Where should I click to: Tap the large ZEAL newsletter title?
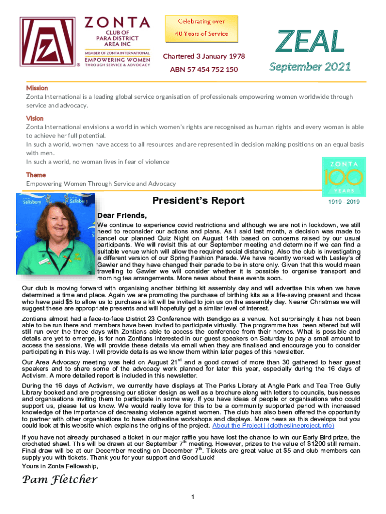[311, 42]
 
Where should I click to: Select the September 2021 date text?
[310, 67]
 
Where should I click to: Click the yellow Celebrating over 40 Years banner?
[202, 28]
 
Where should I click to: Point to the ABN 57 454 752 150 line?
[204, 69]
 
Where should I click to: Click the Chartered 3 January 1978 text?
[204, 56]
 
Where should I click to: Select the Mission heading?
[37, 88]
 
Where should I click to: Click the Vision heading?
[35, 118]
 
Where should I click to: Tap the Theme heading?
[36, 175]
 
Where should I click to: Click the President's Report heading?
[198, 201]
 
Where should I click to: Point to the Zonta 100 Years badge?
[344, 177]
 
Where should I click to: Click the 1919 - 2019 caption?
[344, 202]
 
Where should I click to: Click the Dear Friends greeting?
[122, 216]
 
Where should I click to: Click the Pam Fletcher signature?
[60, 479]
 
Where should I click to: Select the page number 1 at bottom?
[193, 497]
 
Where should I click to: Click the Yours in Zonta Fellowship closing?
[60, 466]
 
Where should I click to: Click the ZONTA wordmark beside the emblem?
[117, 23]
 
